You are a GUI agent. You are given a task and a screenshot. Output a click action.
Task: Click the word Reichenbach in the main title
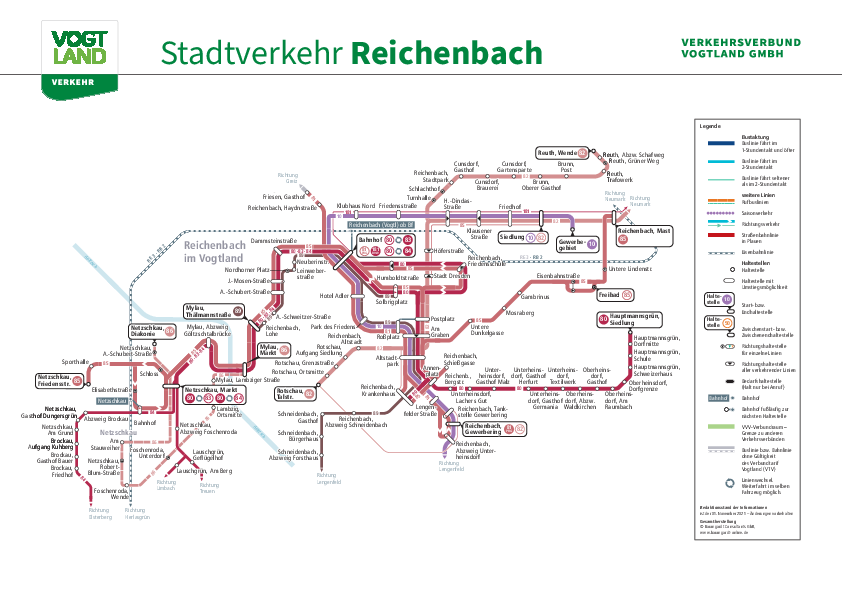(448, 52)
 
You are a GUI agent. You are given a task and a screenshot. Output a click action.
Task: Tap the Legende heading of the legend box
(710, 126)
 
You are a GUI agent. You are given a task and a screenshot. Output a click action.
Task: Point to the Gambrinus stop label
(535, 297)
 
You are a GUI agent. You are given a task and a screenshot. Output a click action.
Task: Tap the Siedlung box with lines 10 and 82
(523, 238)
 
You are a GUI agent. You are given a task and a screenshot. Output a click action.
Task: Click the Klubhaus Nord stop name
(355, 206)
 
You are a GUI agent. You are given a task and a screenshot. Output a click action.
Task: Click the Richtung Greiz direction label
(289, 178)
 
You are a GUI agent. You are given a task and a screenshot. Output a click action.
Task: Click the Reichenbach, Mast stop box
(642, 234)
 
